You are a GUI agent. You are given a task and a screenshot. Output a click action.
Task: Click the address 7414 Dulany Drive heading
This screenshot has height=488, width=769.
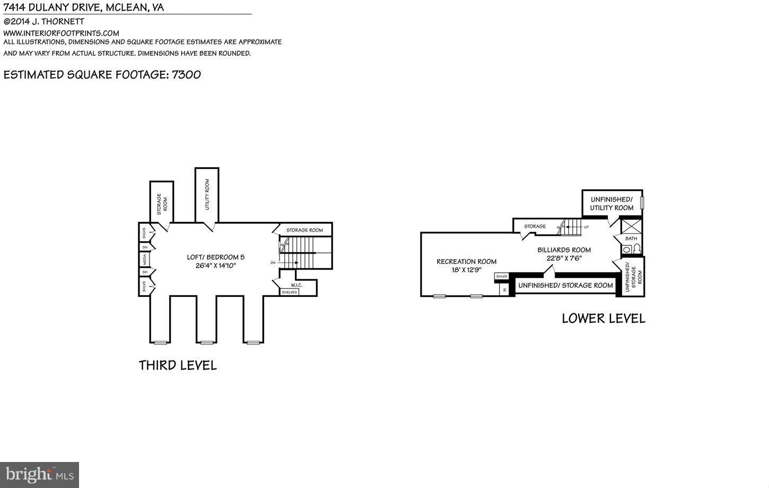point(84,7)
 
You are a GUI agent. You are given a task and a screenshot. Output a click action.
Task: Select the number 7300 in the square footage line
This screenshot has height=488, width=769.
point(186,74)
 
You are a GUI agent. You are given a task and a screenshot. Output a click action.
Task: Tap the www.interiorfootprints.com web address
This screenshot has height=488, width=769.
point(61,33)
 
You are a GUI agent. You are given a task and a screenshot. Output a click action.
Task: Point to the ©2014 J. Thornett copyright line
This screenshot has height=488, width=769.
point(43,22)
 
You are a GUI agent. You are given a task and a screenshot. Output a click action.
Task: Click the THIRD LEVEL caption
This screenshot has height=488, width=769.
point(178,365)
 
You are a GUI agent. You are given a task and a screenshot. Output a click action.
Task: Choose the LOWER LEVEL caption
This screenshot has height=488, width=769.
point(603,319)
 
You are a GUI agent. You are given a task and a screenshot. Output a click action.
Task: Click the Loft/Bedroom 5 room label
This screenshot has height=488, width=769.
point(215,257)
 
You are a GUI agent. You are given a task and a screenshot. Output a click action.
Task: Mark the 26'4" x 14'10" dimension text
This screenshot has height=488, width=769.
point(215,266)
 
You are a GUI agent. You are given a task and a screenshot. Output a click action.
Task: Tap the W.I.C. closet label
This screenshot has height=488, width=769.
point(296,285)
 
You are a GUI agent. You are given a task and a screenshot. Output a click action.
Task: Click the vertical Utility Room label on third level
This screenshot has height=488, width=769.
point(207,194)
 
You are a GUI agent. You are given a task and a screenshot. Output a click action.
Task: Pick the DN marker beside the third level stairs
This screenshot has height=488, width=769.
point(273,262)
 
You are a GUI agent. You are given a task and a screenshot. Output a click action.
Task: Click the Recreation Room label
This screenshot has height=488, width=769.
point(466,261)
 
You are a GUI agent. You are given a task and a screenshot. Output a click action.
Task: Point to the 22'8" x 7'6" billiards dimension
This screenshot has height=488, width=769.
point(564,259)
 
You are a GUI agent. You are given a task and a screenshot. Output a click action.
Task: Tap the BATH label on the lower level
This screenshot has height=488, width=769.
point(631,238)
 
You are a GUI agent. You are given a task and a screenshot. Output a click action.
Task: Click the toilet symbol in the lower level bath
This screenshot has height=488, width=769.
point(637,249)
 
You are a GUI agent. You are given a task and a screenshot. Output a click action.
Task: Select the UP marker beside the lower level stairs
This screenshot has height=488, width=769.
point(586,227)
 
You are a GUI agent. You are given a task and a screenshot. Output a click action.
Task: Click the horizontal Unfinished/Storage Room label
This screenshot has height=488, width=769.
point(565,286)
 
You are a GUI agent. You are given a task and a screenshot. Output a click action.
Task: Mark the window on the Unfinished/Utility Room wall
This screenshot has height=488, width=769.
point(641,203)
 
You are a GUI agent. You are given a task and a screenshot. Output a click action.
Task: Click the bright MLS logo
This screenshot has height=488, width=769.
point(39,474)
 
